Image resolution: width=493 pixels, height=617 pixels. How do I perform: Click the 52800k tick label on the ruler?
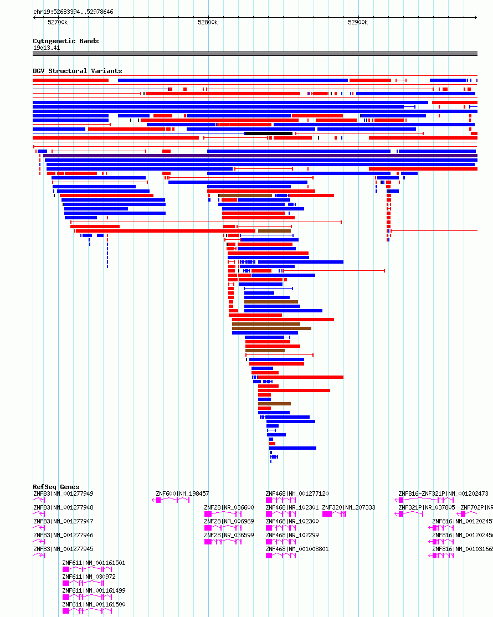pyautogui.click(x=208, y=22)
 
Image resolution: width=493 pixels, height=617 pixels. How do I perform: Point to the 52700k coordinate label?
pyautogui.click(x=58, y=22)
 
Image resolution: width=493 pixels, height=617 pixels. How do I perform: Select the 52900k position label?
pyautogui.click(x=358, y=22)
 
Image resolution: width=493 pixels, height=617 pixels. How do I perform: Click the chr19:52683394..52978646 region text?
pyautogui.click(x=73, y=12)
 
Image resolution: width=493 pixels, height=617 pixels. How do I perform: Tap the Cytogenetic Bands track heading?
pyautogui.click(x=65, y=41)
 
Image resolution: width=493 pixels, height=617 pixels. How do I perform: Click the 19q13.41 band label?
pyautogui.click(x=47, y=48)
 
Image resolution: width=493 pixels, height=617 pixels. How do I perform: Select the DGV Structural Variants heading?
pyautogui.click(x=77, y=71)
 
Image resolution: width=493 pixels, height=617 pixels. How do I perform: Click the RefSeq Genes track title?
pyautogui.click(x=56, y=487)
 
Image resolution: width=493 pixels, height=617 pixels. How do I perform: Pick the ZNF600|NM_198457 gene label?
pyautogui.click(x=182, y=493)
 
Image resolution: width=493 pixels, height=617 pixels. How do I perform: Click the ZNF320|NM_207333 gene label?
pyautogui.click(x=348, y=507)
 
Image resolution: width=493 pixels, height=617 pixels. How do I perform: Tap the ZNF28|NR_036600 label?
pyautogui.click(x=229, y=507)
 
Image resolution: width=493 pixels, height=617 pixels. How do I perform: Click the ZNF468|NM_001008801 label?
pyautogui.click(x=297, y=549)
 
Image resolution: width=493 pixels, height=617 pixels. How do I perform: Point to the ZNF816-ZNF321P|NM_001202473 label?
pyautogui.click(x=443, y=493)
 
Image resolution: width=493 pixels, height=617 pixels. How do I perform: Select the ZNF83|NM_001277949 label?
pyautogui.click(x=63, y=493)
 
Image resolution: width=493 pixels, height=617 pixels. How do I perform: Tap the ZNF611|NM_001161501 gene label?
pyautogui.click(x=94, y=563)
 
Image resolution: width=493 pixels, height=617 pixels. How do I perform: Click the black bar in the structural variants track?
pyautogui.click(x=268, y=133)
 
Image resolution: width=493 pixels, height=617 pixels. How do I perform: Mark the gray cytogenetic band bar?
pyautogui.click(x=255, y=54)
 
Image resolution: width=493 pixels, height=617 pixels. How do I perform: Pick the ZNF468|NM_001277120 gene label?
pyautogui.click(x=297, y=493)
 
